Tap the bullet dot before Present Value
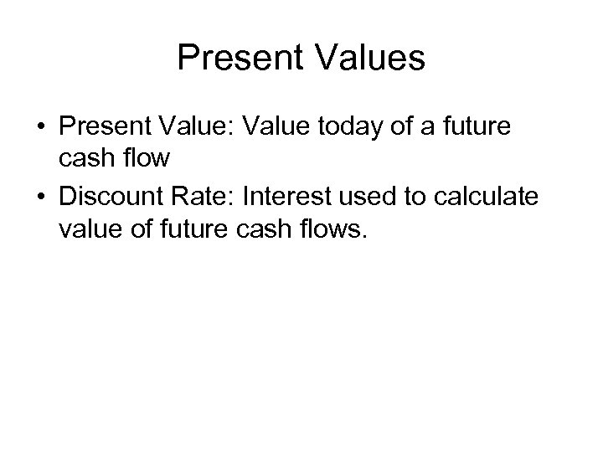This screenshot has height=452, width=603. click(x=39, y=130)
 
